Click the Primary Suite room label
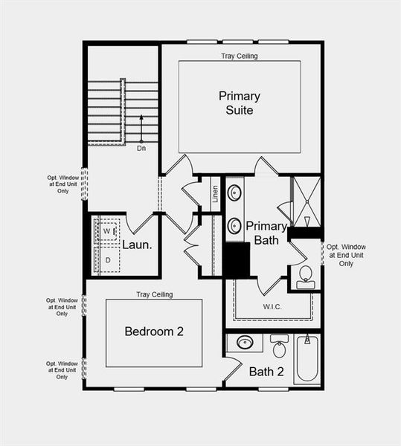click(239, 103)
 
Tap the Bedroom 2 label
click(154, 332)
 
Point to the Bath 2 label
click(266, 371)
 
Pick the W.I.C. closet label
click(272, 306)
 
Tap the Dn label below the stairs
click(141, 149)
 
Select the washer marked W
click(107, 231)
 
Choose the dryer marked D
click(107, 259)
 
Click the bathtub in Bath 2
click(307, 359)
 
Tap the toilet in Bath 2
click(280, 346)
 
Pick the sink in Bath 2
click(244, 343)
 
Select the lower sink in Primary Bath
click(234, 225)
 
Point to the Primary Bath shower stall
click(306, 201)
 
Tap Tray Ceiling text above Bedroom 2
click(154, 294)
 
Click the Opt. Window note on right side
click(346, 255)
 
